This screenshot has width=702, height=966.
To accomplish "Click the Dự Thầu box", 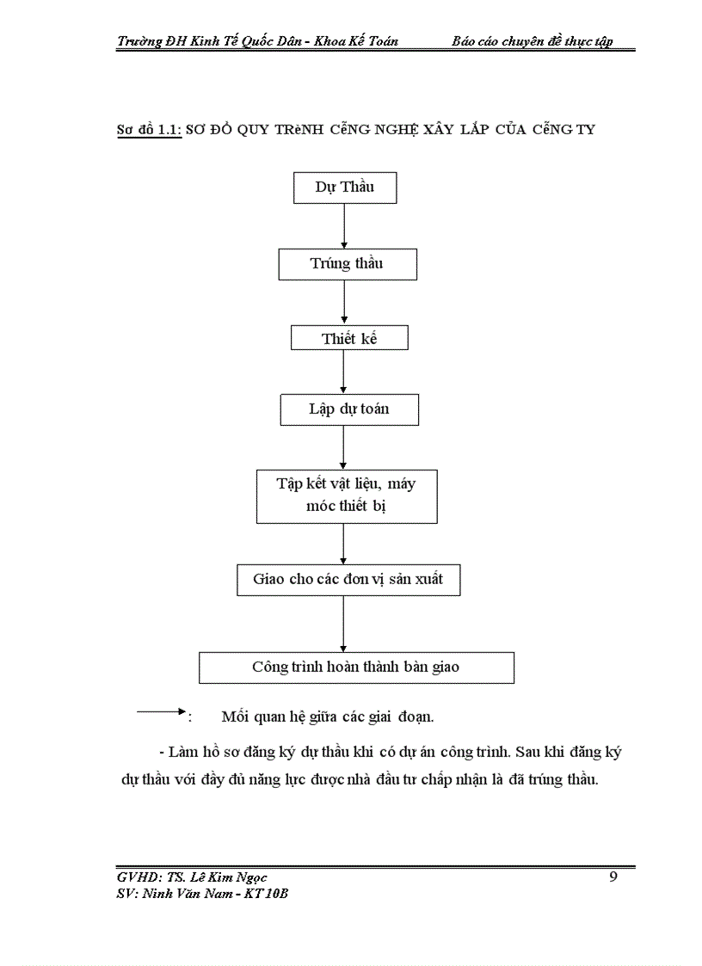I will pyautogui.click(x=345, y=188).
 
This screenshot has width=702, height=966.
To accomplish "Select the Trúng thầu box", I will pyautogui.click(x=347, y=264).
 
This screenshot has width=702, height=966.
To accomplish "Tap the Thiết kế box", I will pyautogui.click(x=349, y=338).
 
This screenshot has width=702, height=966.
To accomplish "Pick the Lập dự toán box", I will pyautogui.click(x=348, y=409).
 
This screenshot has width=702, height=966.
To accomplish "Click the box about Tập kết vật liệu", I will pyautogui.click(x=347, y=495).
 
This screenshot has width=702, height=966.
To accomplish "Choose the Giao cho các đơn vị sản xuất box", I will pyautogui.click(x=348, y=579).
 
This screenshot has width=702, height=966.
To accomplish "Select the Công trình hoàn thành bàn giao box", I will pyautogui.click(x=356, y=667).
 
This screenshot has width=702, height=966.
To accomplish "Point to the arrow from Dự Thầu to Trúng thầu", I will pyautogui.click(x=344, y=226).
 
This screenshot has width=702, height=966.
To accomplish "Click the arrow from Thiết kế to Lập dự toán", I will pyautogui.click(x=344, y=372).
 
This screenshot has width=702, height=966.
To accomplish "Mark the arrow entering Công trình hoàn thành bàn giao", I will pyautogui.click(x=344, y=623).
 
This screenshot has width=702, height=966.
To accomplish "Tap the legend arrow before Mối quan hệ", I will pyautogui.click(x=162, y=711).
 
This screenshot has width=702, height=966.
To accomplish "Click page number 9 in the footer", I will pyautogui.click(x=613, y=877).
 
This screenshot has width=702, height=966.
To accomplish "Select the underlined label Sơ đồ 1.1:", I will pyautogui.click(x=149, y=130).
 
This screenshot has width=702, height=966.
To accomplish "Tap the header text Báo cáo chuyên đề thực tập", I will pyautogui.click(x=533, y=41).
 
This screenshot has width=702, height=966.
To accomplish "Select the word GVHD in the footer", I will pyautogui.click(x=138, y=877).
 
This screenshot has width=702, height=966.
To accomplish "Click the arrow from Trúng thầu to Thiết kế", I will pyautogui.click(x=344, y=303).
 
